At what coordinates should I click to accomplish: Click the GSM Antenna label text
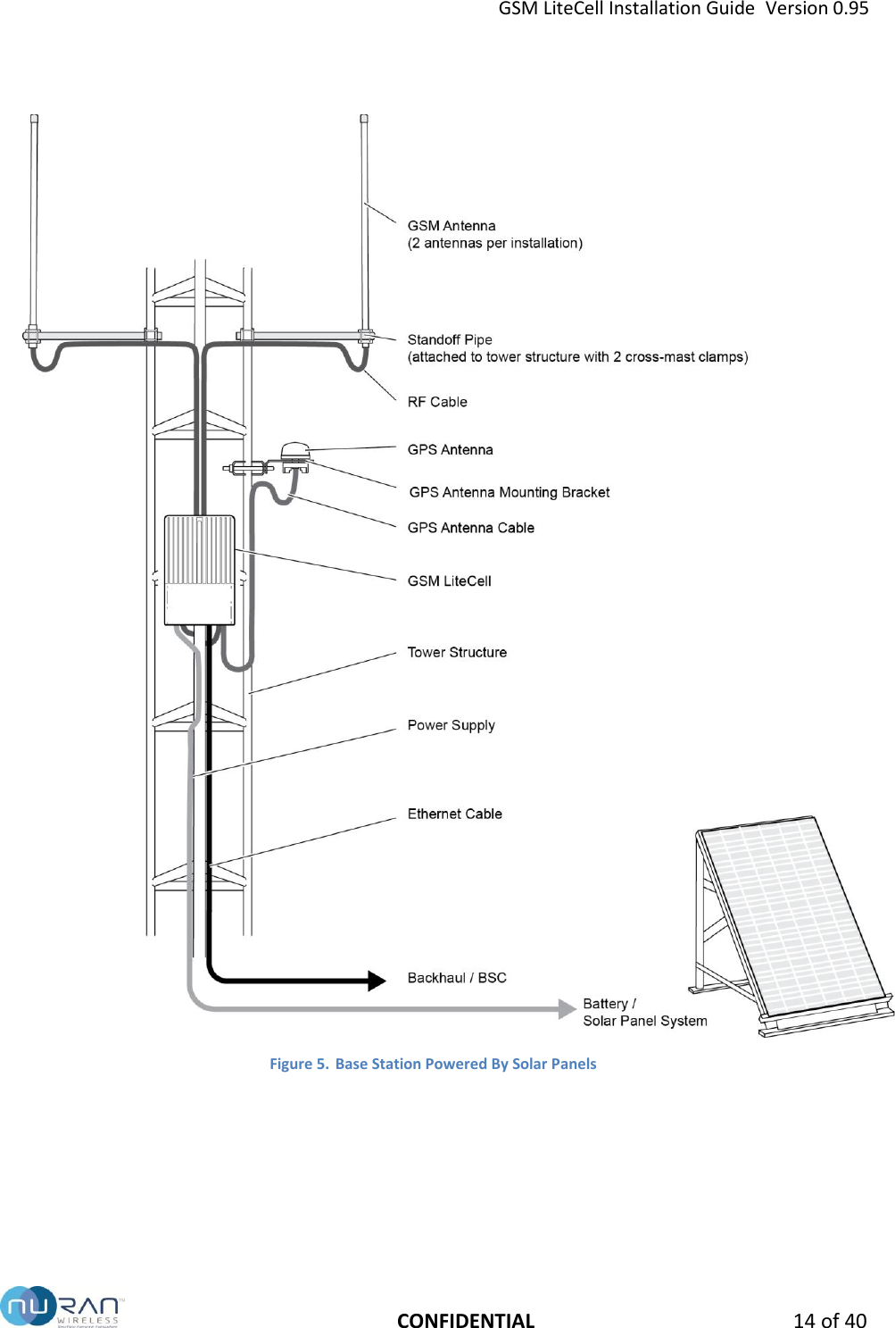click(452, 226)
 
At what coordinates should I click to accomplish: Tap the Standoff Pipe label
click(450, 339)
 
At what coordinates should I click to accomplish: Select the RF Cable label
click(437, 402)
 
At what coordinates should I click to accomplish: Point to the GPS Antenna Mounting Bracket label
click(510, 492)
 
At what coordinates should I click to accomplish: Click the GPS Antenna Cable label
click(471, 528)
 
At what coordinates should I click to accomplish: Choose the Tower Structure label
click(457, 653)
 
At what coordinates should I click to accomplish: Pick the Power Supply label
click(451, 725)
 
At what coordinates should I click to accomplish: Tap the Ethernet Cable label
click(454, 814)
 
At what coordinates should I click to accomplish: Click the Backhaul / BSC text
click(457, 978)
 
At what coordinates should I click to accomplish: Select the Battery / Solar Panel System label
click(644, 1013)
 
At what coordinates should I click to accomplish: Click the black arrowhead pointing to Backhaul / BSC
click(377, 981)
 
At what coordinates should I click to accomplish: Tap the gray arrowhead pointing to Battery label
click(567, 1009)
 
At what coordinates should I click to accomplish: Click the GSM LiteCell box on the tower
click(200, 570)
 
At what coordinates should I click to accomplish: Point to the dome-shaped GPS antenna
click(294, 451)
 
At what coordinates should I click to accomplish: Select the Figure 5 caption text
click(433, 1064)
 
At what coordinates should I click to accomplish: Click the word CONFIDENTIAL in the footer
click(466, 1320)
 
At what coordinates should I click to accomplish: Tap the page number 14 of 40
click(829, 1320)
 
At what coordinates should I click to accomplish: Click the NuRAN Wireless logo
click(61, 1307)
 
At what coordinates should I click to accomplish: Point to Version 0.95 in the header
click(816, 9)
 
